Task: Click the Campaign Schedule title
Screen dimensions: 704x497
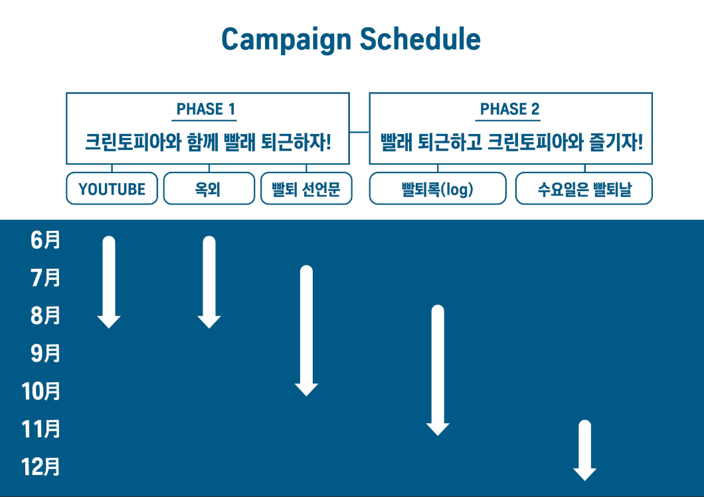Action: pyautogui.click(x=351, y=40)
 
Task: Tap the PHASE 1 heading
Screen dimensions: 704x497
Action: pyautogui.click(x=206, y=109)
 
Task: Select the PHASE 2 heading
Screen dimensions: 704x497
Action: pyautogui.click(x=509, y=109)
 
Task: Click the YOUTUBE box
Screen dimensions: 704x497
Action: pyautogui.click(x=112, y=189)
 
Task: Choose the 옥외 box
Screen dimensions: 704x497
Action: pyautogui.click(x=209, y=189)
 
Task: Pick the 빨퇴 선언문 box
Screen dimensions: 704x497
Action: pyautogui.click(x=306, y=189)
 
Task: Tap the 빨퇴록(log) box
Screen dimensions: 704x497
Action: pyautogui.click(x=437, y=189)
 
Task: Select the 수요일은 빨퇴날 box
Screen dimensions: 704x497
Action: pyautogui.click(x=584, y=189)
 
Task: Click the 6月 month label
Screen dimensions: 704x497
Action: pyautogui.click(x=45, y=240)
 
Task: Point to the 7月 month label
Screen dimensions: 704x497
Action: pyautogui.click(x=45, y=278)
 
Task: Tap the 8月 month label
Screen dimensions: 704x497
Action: pyautogui.click(x=45, y=316)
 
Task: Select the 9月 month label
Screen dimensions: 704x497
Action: pyautogui.click(x=45, y=354)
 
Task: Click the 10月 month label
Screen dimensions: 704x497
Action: pyautogui.click(x=41, y=391)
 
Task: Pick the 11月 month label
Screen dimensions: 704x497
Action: pyautogui.click(x=41, y=429)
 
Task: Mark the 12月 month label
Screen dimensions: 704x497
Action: pyautogui.click(x=41, y=467)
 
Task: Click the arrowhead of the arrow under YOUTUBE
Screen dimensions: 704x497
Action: pyautogui.click(x=109, y=322)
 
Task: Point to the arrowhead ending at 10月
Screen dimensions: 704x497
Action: pyautogui.click(x=306, y=390)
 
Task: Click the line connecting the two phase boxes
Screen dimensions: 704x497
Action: pyautogui.click(x=359, y=131)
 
